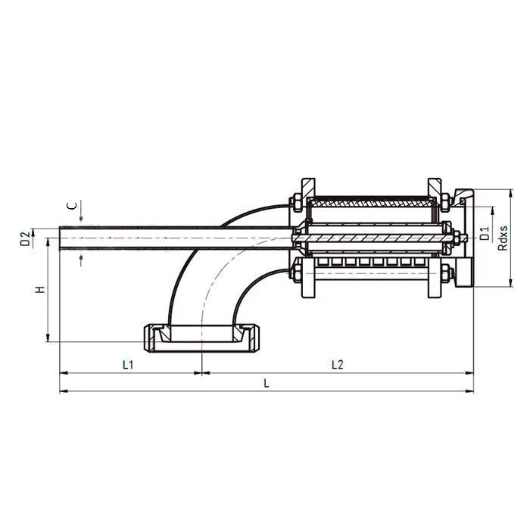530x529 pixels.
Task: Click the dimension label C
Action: [x=70, y=205]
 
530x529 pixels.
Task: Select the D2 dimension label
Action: [x=25, y=238]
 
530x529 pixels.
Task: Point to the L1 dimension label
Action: [x=128, y=365]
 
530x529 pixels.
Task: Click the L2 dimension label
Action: [x=338, y=365]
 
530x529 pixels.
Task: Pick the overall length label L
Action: [x=266, y=384]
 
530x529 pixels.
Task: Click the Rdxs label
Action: [x=503, y=237]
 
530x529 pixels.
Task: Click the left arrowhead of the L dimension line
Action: [x=63, y=391]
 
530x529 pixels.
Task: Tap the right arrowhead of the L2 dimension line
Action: [x=470, y=372]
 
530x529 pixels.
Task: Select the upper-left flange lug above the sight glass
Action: [x=307, y=186]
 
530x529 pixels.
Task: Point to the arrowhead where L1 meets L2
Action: [x=201, y=372]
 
